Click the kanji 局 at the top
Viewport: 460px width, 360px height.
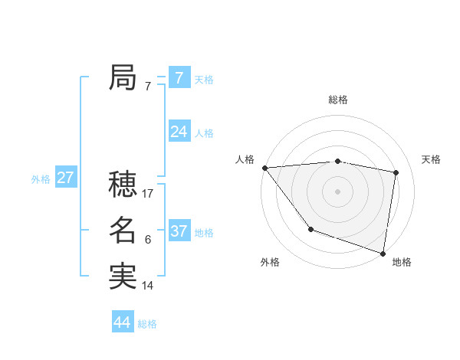(123, 77)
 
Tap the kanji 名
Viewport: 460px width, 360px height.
(123, 230)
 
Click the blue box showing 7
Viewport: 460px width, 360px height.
(179, 77)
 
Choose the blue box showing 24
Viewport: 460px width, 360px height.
(179, 132)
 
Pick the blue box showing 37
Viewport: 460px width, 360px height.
(179, 231)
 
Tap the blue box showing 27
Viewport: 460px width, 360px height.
(65, 178)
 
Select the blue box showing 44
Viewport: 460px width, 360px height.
(123, 322)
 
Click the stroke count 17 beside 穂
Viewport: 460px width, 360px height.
(148, 194)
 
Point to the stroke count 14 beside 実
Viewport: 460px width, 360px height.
(148, 286)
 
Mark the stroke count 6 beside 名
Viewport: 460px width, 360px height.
(147, 240)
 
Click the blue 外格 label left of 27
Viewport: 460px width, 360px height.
(41, 179)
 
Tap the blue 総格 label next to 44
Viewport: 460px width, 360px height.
(147, 324)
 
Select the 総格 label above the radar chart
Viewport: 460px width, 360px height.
(338, 100)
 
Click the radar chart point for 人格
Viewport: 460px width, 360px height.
(264, 168)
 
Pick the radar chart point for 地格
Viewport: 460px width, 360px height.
(383, 252)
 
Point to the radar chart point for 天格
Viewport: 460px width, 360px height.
(396, 172)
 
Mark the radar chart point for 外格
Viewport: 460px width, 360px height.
(310, 229)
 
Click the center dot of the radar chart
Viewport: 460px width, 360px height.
(338, 191)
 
